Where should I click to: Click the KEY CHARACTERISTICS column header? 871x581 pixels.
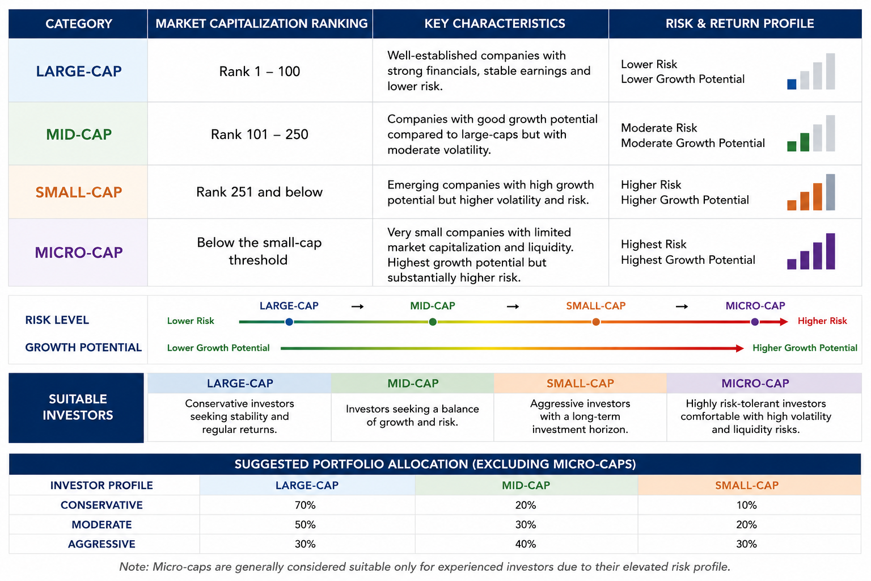coord(494,24)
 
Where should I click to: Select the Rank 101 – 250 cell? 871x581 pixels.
coord(259,134)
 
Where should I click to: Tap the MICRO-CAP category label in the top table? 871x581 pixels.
coord(79,252)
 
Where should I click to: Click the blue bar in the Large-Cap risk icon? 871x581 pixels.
coord(792,84)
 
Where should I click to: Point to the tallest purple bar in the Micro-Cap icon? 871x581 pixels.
coord(830,251)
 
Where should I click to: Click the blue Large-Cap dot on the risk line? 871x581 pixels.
coord(289,322)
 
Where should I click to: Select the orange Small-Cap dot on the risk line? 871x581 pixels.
coord(596,322)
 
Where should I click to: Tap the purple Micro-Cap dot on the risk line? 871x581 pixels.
coord(755,322)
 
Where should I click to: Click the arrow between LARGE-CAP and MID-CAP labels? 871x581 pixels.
coord(357,306)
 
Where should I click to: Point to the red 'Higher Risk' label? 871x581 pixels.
coord(822,321)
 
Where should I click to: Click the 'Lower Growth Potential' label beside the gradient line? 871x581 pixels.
coord(218,348)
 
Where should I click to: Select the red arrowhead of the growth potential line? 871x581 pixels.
coord(739,348)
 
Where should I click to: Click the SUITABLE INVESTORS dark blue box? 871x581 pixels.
coord(76,407)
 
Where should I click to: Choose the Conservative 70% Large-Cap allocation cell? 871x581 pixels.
coord(305,505)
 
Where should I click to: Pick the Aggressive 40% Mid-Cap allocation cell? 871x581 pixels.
coord(526,544)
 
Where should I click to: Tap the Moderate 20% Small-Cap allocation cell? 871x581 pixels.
coord(747,525)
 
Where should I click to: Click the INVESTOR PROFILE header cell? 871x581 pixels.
coord(102,485)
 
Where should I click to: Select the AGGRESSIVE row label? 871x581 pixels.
coord(102,544)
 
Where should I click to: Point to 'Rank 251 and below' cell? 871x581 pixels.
coord(259,192)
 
